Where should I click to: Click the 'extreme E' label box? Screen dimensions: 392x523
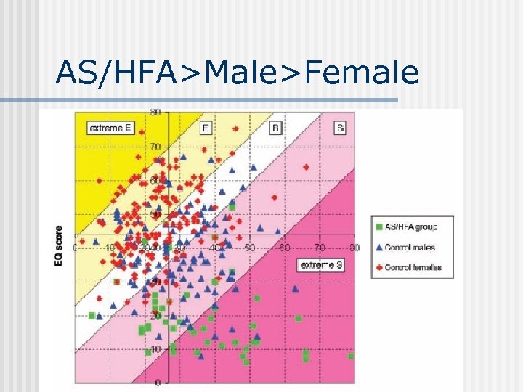[111, 128]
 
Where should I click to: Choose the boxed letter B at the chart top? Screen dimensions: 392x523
[276, 128]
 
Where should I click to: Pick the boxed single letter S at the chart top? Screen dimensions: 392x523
[340, 128]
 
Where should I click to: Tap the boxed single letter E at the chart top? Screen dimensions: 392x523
[206, 128]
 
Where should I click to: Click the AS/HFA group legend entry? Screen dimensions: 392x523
[411, 227]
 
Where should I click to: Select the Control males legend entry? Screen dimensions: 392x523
[410, 248]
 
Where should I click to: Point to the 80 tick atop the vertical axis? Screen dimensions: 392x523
[155, 112]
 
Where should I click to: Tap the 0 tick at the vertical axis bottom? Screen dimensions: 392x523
[157, 383]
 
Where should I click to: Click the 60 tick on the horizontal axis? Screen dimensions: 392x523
[285, 248]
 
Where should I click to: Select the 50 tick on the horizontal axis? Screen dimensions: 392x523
[249, 248]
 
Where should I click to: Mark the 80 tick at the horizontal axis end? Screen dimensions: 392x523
[354, 248]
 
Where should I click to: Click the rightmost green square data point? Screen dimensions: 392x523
[352, 356]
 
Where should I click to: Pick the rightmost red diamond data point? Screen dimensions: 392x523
[306, 167]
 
